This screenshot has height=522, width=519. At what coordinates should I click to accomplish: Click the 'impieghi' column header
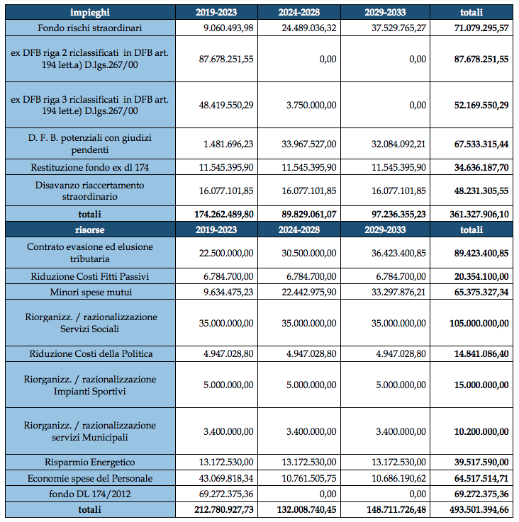(x=89, y=12)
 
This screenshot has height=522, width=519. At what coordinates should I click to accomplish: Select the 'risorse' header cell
(x=89, y=229)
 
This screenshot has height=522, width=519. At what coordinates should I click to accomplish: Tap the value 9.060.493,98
(x=228, y=28)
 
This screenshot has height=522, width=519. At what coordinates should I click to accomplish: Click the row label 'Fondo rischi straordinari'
(x=89, y=28)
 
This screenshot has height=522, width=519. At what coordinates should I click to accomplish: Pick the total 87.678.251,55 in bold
(x=481, y=59)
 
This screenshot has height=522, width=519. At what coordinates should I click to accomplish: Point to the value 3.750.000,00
(x=311, y=106)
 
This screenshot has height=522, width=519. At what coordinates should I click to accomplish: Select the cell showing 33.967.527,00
(x=309, y=144)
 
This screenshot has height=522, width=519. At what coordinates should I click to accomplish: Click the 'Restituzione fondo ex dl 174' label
(x=89, y=167)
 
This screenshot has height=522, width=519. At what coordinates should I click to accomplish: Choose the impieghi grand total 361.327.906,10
(x=479, y=214)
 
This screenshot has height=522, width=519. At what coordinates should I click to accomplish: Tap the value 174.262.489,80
(x=224, y=214)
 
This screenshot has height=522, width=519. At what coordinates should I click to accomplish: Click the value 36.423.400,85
(x=398, y=253)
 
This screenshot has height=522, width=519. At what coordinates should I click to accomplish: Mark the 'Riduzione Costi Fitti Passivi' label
(x=89, y=276)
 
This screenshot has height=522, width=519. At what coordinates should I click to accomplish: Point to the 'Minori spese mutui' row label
(x=91, y=292)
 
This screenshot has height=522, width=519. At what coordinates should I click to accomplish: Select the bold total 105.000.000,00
(x=479, y=323)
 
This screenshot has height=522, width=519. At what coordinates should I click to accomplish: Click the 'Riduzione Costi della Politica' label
(x=91, y=353)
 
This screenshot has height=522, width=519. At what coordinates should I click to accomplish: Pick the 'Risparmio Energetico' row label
(x=89, y=462)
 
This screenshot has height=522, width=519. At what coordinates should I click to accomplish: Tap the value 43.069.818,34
(x=226, y=478)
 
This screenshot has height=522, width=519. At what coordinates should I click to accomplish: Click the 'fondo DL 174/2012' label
(x=89, y=494)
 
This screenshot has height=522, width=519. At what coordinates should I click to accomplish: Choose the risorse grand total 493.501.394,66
(x=479, y=510)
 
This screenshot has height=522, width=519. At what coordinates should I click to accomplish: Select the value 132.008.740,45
(x=307, y=510)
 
